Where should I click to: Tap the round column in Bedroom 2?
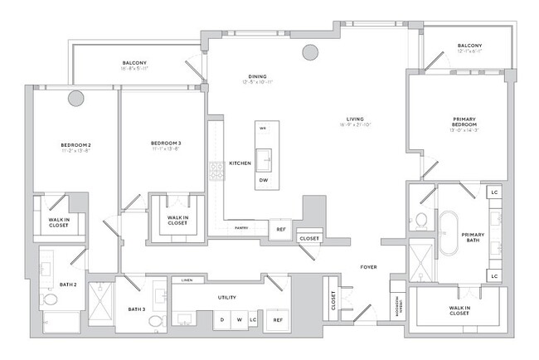click(x=75, y=98)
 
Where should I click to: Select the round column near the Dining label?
click(x=309, y=53)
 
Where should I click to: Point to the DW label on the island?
click(x=264, y=180)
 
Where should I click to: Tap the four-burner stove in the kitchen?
click(x=218, y=170)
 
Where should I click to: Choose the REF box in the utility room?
click(x=279, y=319)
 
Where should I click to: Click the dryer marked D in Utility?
click(x=221, y=319)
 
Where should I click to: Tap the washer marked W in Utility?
click(x=237, y=319)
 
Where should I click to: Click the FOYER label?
click(x=369, y=267)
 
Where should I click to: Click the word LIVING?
click(x=348, y=119)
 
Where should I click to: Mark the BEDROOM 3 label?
click(x=166, y=143)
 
